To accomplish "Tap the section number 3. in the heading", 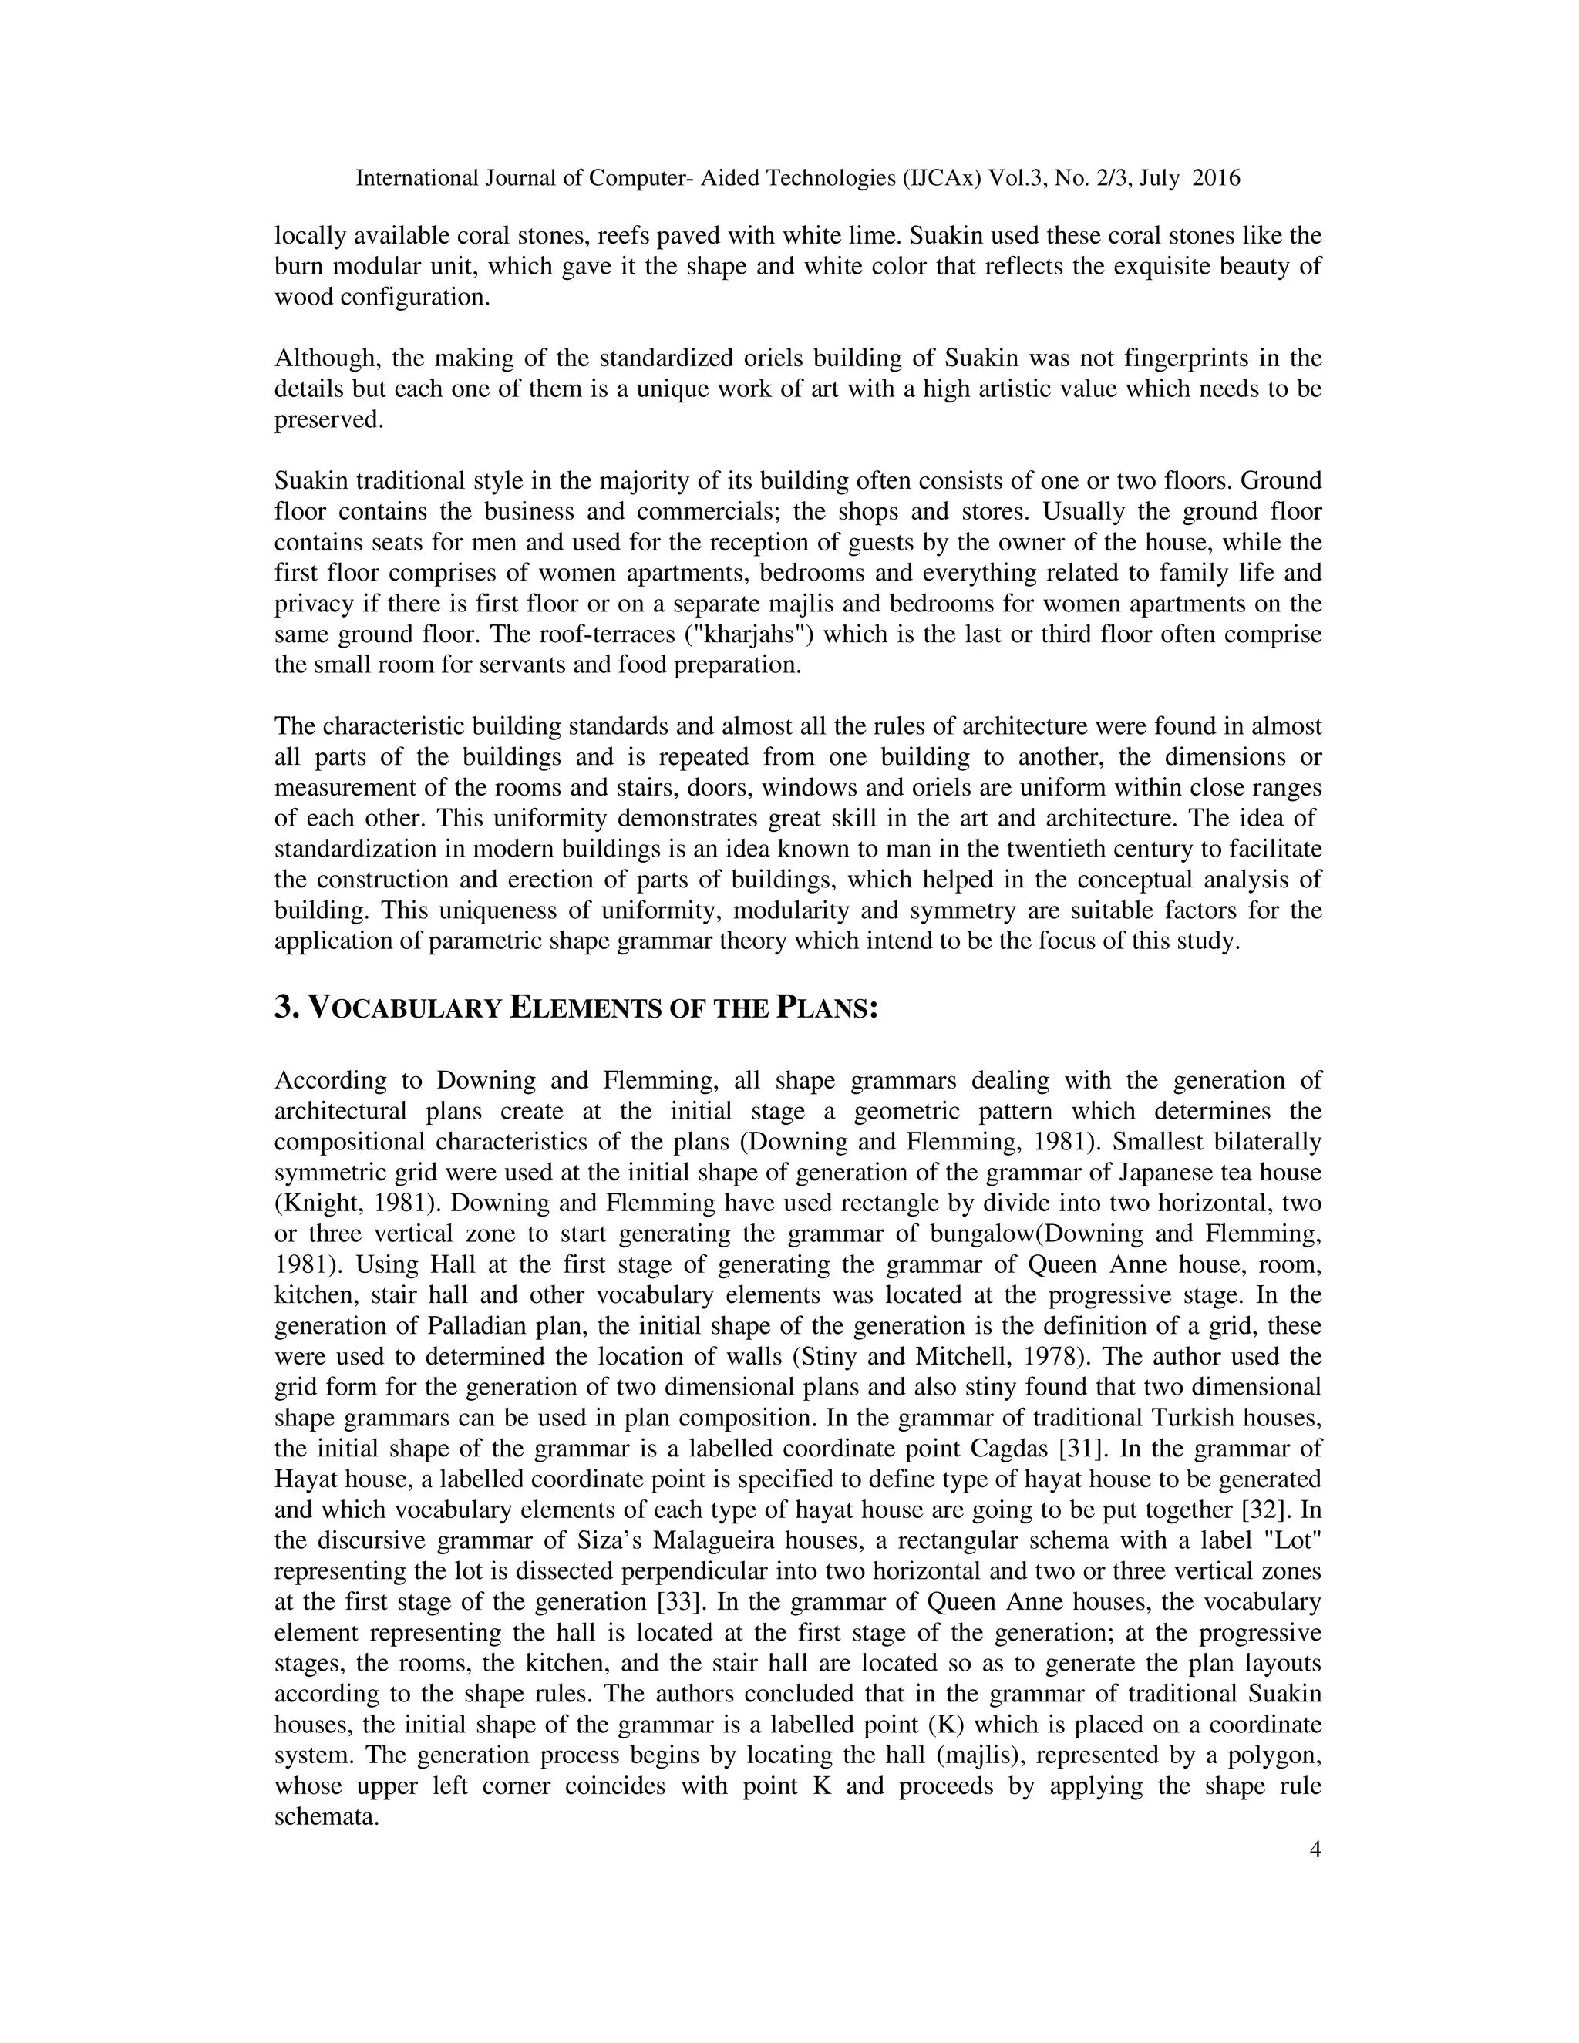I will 286,1008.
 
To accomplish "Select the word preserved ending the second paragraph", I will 328,420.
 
